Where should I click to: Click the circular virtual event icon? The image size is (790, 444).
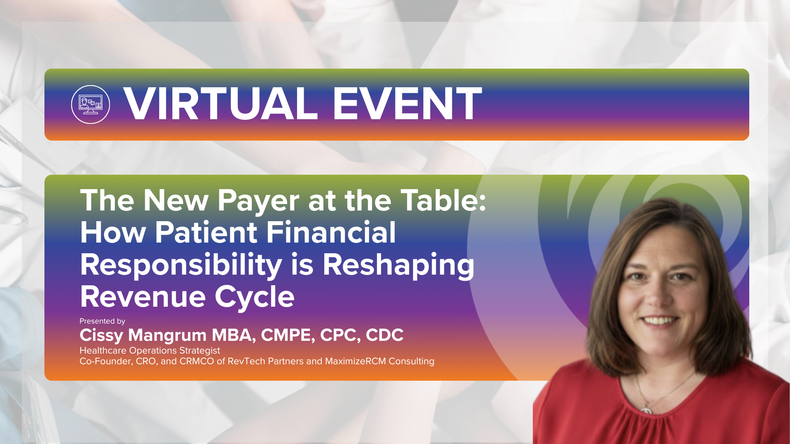pos(91,104)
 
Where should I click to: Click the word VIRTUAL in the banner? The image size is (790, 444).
pos(221,104)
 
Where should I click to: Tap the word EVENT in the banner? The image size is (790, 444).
pos(407,104)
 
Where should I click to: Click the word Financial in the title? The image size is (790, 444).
pos(331,232)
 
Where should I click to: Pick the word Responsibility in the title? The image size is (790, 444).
pos(181,265)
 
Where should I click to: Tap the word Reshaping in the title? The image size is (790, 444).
pos(398,265)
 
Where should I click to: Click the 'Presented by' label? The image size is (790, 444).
pos(102,321)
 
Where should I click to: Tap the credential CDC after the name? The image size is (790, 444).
pos(384,335)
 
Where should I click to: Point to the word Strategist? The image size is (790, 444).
pos(200,351)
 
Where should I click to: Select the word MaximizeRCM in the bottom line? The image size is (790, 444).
pos(355,361)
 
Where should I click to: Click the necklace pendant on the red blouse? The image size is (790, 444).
pos(646,410)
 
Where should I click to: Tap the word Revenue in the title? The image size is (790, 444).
pos(143,297)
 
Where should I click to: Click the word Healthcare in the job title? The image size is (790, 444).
pos(103,351)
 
